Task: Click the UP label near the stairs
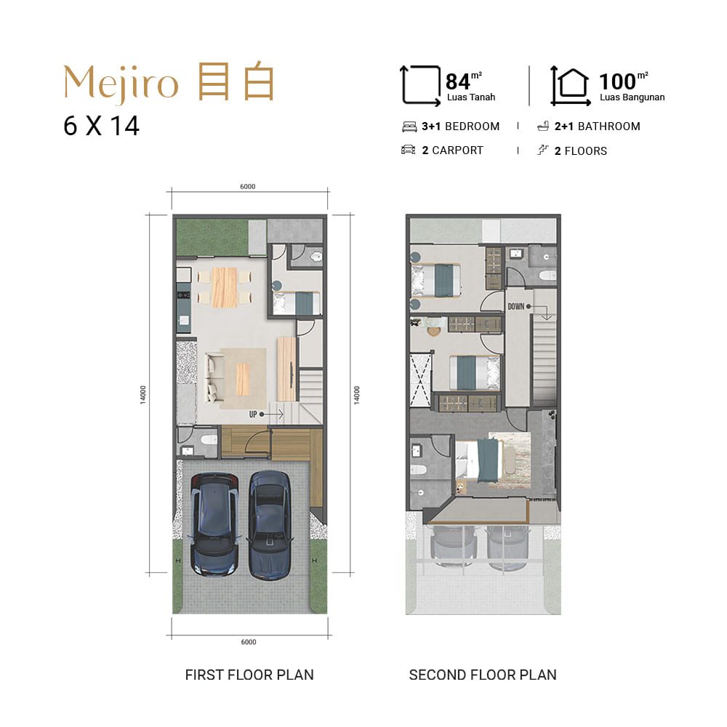pos(253,414)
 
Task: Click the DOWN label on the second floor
pos(516,307)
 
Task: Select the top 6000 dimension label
pos(248,186)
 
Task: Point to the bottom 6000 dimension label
pos(249,642)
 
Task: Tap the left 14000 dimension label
pos(142,395)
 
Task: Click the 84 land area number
pos(457,81)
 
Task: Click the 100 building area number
pos(617,81)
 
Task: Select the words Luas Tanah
pos(471,97)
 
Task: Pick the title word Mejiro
pos(121,84)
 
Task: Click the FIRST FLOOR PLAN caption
pos(249,675)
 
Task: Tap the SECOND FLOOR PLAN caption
pos(483,675)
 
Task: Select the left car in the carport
pos(214,524)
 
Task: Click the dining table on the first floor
pos(225,287)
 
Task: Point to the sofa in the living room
pos(214,377)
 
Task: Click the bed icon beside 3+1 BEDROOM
pos(409,126)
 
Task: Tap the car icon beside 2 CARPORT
pos(408,150)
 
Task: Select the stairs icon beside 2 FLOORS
pos(542,150)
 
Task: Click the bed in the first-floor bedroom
pos(297,303)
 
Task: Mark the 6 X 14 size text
pos(101,126)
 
